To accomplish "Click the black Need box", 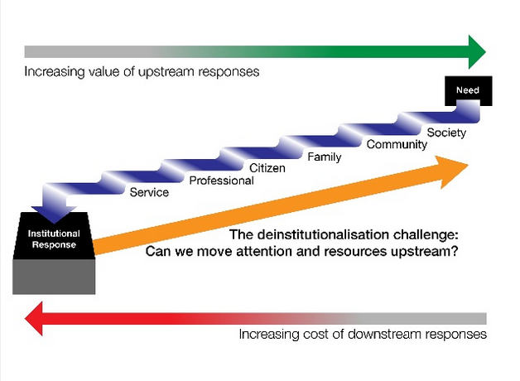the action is click(x=469, y=90).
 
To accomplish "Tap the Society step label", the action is click(x=446, y=133).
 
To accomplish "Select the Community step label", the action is click(x=397, y=145).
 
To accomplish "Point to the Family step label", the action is click(x=325, y=157).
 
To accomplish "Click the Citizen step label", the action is click(x=267, y=168).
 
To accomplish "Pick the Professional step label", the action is click(x=222, y=181).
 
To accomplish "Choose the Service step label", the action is click(x=149, y=192).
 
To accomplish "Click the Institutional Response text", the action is click(x=54, y=239).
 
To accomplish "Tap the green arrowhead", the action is click(x=477, y=52).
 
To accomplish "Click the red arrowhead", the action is click(x=34, y=319).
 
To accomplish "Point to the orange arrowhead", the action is click(x=453, y=171).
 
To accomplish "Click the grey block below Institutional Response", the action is click(x=54, y=277).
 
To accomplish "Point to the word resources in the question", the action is click(x=355, y=252).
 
